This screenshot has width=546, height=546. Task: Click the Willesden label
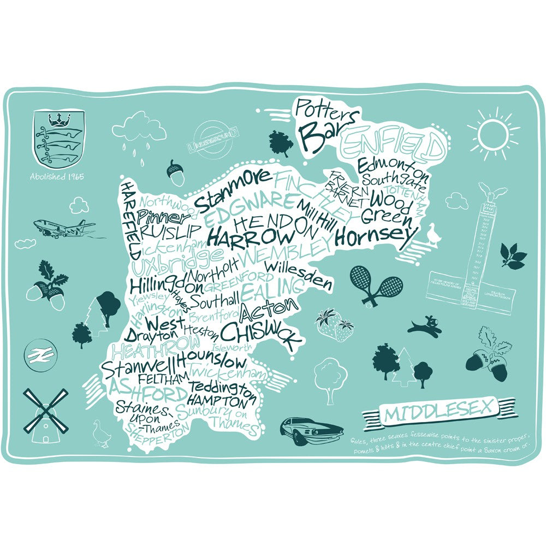(299, 275)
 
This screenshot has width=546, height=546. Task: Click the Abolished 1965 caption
(57, 177)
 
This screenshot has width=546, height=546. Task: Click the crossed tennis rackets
(375, 285)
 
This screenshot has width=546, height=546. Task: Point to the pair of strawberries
(335, 325)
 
